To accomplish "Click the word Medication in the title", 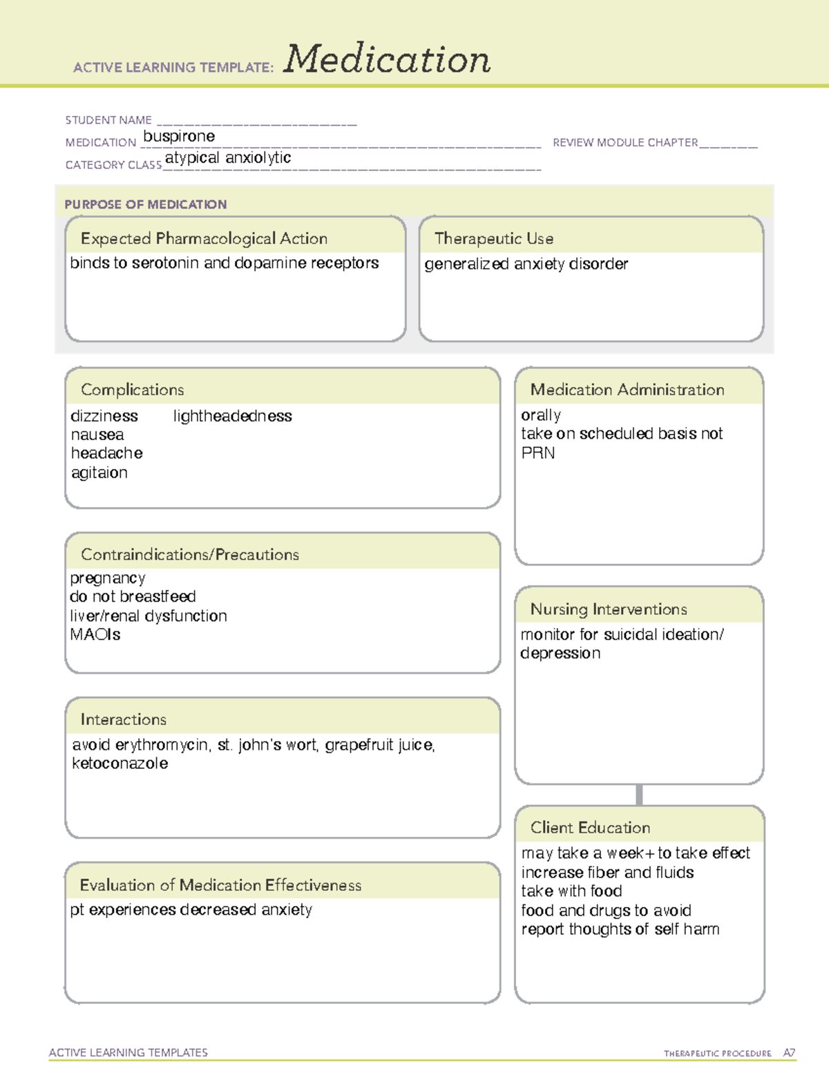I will (387, 59).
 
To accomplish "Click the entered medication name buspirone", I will (179, 136).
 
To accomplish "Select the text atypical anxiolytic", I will (228, 158).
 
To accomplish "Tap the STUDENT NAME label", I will (108, 120).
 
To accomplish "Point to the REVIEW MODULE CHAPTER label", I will (625, 142).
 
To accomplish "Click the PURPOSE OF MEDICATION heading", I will (146, 205).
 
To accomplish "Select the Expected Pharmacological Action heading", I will (204, 238).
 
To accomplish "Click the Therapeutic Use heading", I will (494, 238).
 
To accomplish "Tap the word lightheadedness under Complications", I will (232, 416).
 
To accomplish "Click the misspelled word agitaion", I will (99, 473).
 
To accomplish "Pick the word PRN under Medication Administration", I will (538, 453).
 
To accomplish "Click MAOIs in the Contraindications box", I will (95, 634).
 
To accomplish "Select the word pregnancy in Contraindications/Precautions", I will (108, 578).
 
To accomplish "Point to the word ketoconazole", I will (120, 763).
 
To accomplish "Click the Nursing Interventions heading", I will (609, 609).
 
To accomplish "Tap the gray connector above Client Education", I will (639, 795).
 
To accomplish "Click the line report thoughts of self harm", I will (620, 929).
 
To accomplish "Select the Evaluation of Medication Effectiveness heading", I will (220, 885).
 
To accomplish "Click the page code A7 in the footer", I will (789, 1053).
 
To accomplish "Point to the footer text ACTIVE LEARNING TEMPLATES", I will (128, 1052).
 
